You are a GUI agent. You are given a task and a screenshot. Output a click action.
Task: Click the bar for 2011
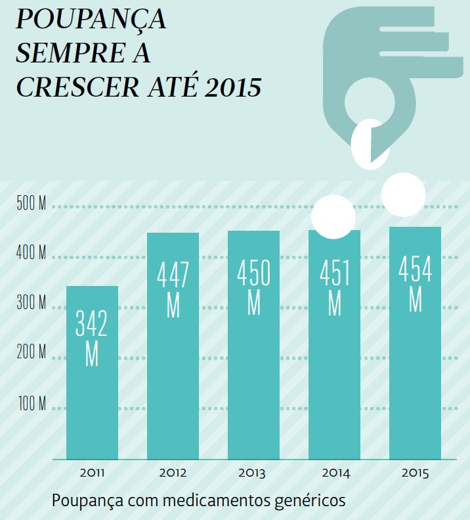tap(92, 394)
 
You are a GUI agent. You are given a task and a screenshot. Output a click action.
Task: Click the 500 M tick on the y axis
tap(32, 204)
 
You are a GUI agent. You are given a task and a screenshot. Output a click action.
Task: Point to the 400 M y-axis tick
tap(32, 254)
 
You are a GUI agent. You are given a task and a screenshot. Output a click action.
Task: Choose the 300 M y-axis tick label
tap(32, 304)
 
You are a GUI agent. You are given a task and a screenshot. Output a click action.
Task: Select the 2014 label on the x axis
tap(335, 473)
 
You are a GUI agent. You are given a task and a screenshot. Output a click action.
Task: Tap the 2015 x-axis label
tap(415, 473)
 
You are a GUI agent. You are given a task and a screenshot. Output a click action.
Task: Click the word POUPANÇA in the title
tap(91, 20)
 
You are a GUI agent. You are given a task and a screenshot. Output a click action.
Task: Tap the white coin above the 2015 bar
tap(403, 195)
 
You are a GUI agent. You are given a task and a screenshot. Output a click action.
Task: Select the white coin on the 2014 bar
tap(333, 217)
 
